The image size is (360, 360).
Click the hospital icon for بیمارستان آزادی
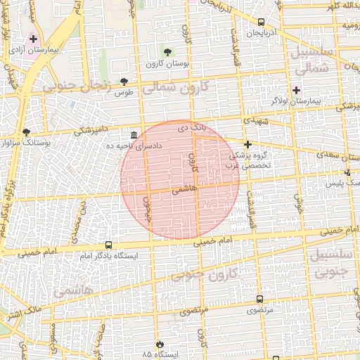click(x=33, y=38)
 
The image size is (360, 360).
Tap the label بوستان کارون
click(x=166, y=64)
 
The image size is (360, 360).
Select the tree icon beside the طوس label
click(x=124, y=82)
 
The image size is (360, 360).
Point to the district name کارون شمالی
click(x=176, y=88)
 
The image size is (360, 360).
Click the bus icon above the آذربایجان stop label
click(x=262, y=22)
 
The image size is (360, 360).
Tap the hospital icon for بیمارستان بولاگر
click(x=296, y=90)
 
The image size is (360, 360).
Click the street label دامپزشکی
click(x=92, y=130)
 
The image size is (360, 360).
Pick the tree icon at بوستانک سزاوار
click(x=26, y=131)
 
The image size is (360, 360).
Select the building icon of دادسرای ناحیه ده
click(x=134, y=134)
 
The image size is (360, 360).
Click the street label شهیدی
click(x=255, y=121)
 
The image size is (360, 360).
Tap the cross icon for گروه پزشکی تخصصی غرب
click(x=247, y=144)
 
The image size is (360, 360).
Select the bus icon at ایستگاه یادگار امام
click(x=108, y=245)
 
